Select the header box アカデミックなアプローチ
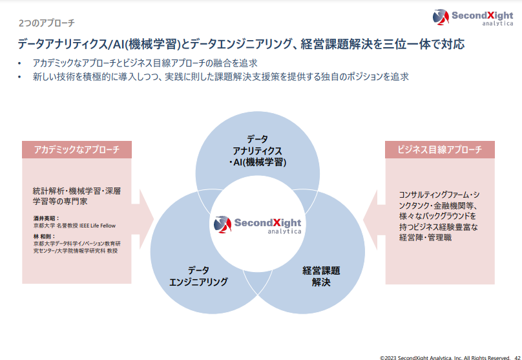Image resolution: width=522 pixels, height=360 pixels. [x=77, y=150]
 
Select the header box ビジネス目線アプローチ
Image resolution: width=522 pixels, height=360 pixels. [x=440, y=150]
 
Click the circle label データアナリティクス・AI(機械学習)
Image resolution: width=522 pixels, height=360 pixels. [x=258, y=151]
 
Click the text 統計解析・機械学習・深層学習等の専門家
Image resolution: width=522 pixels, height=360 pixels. [x=77, y=196]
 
